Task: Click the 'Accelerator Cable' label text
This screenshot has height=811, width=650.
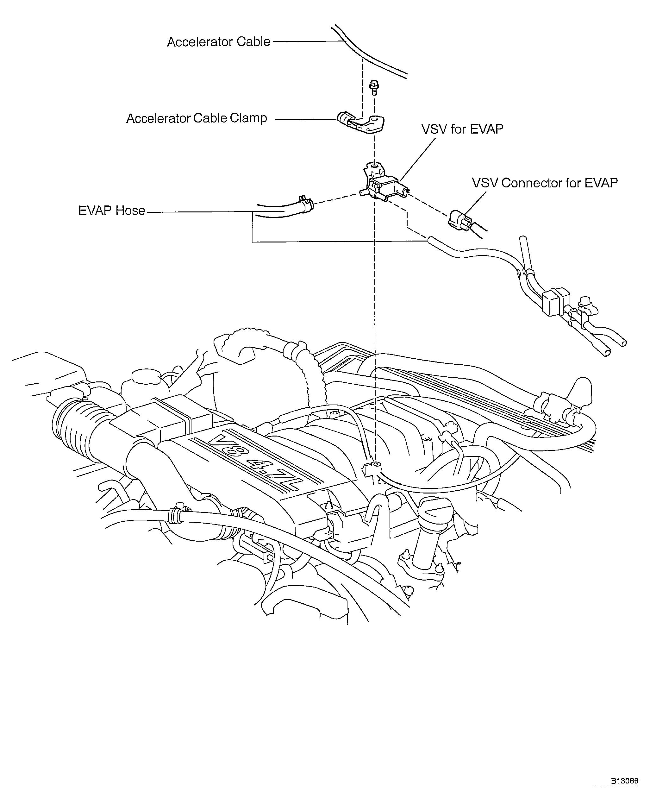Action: [218, 42]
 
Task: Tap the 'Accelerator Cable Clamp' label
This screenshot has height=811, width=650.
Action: [197, 118]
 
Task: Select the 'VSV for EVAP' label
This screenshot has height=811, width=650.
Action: [462, 129]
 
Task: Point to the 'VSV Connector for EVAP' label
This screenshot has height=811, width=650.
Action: [545, 183]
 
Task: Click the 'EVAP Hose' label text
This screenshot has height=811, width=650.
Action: [111, 211]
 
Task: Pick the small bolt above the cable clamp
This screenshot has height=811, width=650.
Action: [373, 87]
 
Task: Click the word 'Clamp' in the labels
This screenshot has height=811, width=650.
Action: [248, 118]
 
